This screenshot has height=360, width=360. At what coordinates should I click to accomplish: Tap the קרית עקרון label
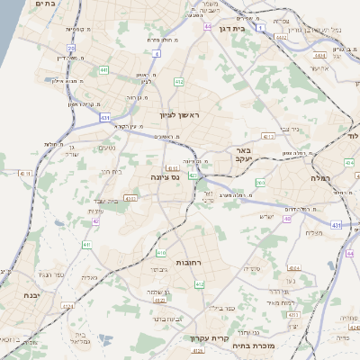[x=206, y=338]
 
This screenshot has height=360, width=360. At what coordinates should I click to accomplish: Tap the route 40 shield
[x=287, y=219]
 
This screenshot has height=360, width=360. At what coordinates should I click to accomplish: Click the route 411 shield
[x=86, y=245]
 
